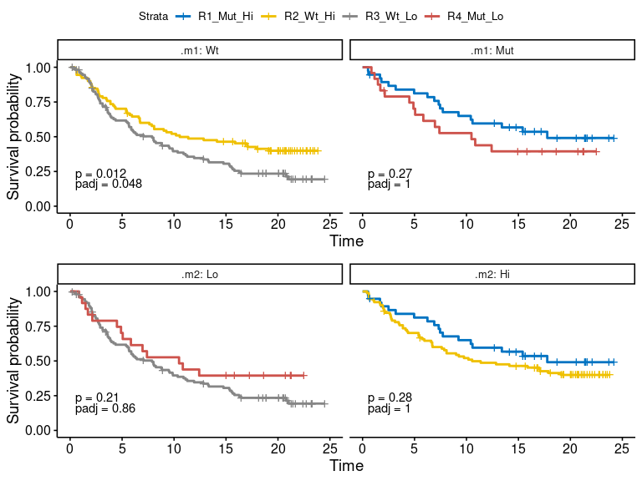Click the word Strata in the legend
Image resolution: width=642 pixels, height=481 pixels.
point(154,17)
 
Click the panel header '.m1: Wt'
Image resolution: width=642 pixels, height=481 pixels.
point(200,50)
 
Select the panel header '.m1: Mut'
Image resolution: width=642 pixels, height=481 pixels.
point(492,50)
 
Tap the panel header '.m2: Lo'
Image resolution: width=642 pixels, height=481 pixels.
point(200,274)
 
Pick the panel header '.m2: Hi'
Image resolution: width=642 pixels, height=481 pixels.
point(492,274)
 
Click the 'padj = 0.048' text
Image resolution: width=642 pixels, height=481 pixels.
point(109,185)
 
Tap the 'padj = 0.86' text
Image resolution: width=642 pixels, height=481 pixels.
point(105,408)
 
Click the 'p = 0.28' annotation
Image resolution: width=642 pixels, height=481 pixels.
point(390,397)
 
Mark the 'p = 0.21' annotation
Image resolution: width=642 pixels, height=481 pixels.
point(97,397)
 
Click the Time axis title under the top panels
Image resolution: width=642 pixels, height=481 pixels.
point(346,242)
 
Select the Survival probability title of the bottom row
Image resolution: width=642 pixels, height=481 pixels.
point(14,362)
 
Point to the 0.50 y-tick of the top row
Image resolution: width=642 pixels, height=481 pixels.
point(38,136)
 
